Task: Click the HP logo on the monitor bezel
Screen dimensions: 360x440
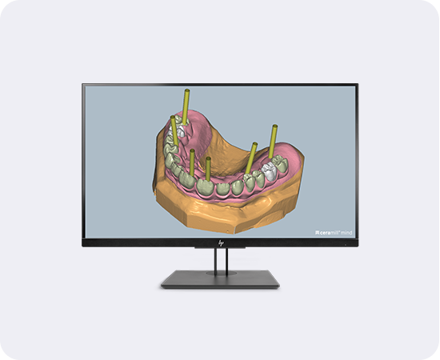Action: tap(220, 241)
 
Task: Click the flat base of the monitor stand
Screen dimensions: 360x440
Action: tap(220, 278)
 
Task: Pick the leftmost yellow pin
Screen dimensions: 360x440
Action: tap(174, 132)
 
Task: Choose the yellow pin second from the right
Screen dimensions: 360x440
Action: tap(252, 157)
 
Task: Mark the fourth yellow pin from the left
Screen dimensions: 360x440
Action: tap(208, 169)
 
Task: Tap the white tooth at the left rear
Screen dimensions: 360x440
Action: tap(182, 127)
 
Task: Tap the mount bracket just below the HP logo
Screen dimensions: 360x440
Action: tap(220, 249)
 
